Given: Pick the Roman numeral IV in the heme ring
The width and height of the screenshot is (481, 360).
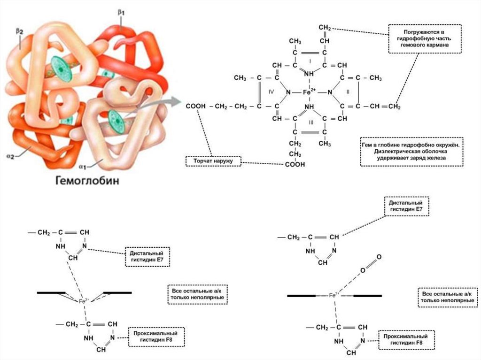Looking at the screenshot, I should [271, 92].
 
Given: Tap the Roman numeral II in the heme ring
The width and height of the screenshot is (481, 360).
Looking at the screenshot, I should [348, 92].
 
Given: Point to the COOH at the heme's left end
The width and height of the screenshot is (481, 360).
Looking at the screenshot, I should [195, 107].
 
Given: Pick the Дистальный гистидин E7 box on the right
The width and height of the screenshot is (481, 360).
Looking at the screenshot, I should [406, 206].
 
